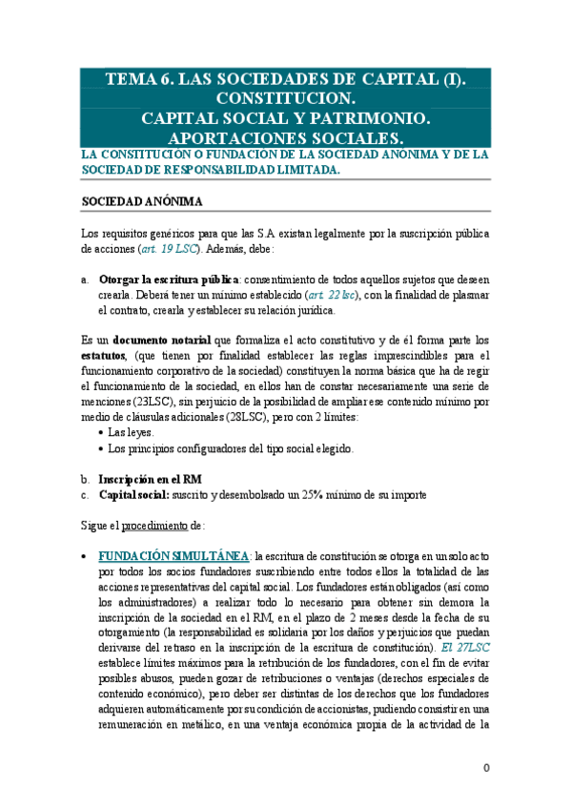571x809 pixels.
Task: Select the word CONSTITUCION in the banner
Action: (x=285, y=99)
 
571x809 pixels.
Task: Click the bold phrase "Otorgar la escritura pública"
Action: (x=169, y=280)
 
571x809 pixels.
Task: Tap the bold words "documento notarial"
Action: (x=165, y=340)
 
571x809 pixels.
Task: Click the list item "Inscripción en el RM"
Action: (x=150, y=478)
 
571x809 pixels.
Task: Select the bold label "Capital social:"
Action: (x=135, y=494)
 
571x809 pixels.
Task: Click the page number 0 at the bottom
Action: (x=485, y=769)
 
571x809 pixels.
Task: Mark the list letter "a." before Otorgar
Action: (x=86, y=280)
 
